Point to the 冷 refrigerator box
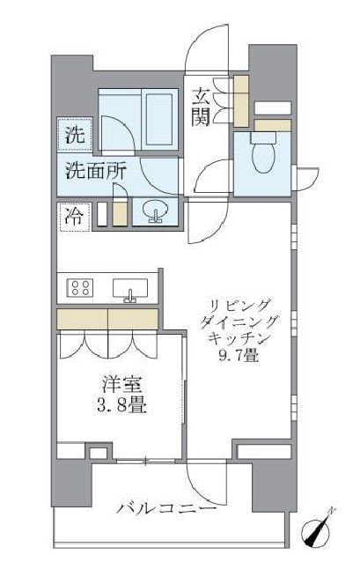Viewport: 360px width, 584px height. coord(74,216)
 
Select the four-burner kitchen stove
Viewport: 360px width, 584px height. coord(82,287)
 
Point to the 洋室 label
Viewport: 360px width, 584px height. coord(117,385)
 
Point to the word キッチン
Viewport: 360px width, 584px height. coord(238,339)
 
